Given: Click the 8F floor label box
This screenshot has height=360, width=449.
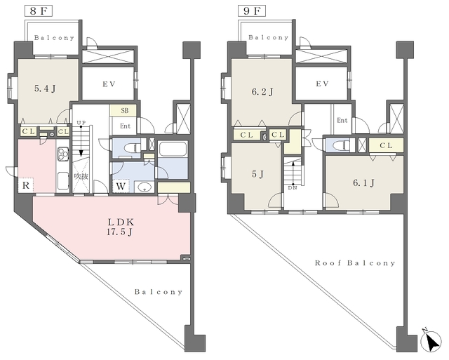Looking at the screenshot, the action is click(38, 11).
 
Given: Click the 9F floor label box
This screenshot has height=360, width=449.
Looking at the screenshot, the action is click(252, 11).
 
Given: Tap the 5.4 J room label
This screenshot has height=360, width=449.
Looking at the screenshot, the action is click(45, 89).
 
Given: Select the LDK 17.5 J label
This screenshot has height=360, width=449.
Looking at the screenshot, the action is click(120, 227).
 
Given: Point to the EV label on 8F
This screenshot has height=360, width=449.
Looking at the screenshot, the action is click(109, 84).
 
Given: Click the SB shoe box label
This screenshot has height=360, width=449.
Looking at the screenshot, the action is click(125, 111).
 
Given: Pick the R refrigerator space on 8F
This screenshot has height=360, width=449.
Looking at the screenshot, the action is click(26, 185).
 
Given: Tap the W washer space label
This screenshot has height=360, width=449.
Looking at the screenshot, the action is click(121, 187).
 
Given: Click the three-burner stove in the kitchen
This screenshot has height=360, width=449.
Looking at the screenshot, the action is click(63, 154).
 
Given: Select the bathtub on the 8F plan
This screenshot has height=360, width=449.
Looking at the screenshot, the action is click(173, 149).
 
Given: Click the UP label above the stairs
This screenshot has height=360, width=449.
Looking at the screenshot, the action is click(81, 123).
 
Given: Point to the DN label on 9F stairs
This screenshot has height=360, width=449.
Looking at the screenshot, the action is click(293, 188).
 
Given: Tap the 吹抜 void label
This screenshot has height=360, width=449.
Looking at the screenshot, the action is click(81, 176).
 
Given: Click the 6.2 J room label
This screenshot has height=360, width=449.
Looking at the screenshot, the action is click(262, 92).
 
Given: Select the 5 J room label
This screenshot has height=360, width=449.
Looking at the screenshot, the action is click(257, 174).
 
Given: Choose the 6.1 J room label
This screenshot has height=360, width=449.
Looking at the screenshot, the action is click(363, 182).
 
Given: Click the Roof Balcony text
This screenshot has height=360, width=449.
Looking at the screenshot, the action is click(355, 263).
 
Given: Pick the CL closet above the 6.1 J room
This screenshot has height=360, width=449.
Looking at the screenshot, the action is click(386, 145).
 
